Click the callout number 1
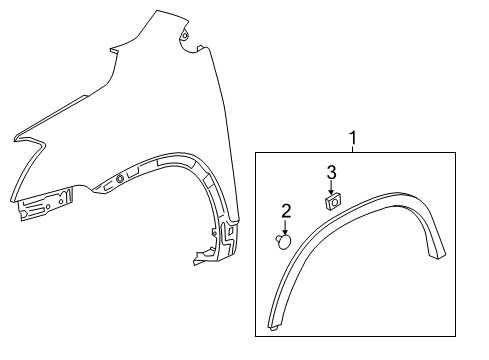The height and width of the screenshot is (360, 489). [351, 137]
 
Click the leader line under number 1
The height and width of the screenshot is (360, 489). [351, 147]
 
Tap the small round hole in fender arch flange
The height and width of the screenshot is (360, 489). [121, 179]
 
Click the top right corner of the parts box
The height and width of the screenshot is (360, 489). [475, 151]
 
